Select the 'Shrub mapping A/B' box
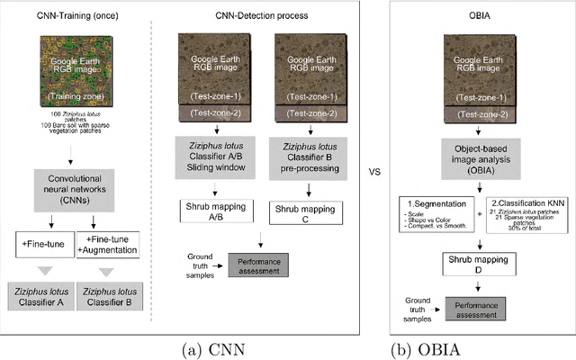point(214,212)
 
